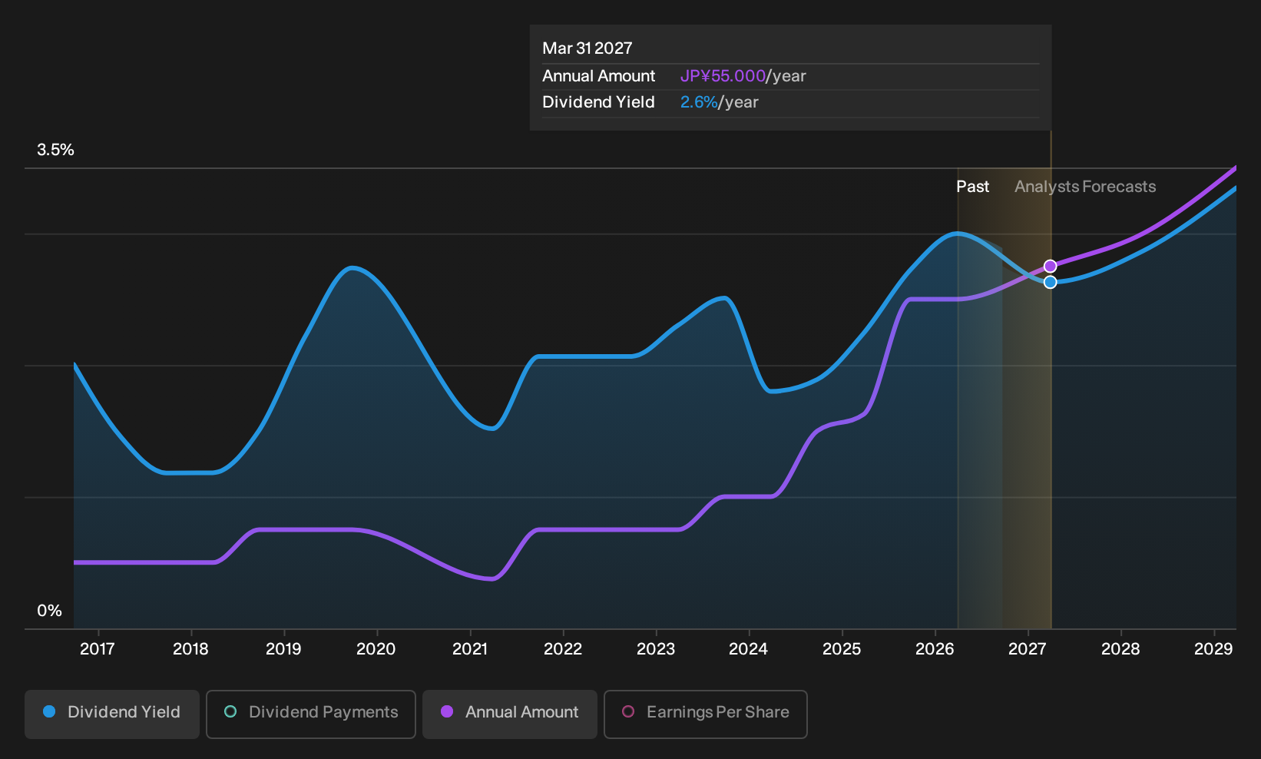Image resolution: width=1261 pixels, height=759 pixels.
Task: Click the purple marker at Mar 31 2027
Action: pyautogui.click(x=1050, y=266)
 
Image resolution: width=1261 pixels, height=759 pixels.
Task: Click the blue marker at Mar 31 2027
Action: pyautogui.click(x=1050, y=282)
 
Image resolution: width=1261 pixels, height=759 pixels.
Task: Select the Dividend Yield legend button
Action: pyautogui.click(x=112, y=714)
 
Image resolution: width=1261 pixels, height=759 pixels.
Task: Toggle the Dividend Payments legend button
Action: pyautogui.click(x=311, y=714)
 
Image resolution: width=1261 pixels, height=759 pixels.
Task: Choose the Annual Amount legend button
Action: pyautogui.click(x=509, y=714)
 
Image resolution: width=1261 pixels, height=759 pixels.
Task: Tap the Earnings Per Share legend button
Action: pyautogui.click(x=705, y=714)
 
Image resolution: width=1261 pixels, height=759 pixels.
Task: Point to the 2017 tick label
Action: pyautogui.click(x=98, y=649)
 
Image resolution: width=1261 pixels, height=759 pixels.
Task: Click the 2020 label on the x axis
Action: pyautogui.click(x=376, y=649)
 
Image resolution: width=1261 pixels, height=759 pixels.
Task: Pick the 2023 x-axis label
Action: pyautogui.click(x=656, y=649)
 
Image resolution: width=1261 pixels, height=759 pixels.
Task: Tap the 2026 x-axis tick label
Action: pyautogui.click(x=935, y=649)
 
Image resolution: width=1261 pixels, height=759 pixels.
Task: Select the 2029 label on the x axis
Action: pyautogui.click(x=1213, y=649)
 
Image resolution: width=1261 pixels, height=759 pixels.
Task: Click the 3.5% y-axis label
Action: pyautogui.click(x=55, y=150)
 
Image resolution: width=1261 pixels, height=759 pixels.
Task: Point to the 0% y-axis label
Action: pyautogui.click(x=50, y=611)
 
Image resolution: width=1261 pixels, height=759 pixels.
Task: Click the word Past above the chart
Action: pyautogui.click(x=973, y=187)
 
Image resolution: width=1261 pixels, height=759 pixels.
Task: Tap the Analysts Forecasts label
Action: pyautogui.click(x=1085, y=187)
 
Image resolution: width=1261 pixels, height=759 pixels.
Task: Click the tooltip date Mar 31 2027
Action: pyautogui.click(x=587, y=48)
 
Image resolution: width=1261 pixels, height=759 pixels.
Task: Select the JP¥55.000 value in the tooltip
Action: pyautogui.click(x=723, y=76)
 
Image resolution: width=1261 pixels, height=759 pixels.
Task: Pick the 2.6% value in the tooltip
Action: pyautogui.click(x=699, y=102)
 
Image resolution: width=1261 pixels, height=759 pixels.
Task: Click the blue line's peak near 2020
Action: pyautogui.click(x=352, y=268)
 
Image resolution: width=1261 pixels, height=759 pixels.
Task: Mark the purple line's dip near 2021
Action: pyautogui.click(x=492, y=578)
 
